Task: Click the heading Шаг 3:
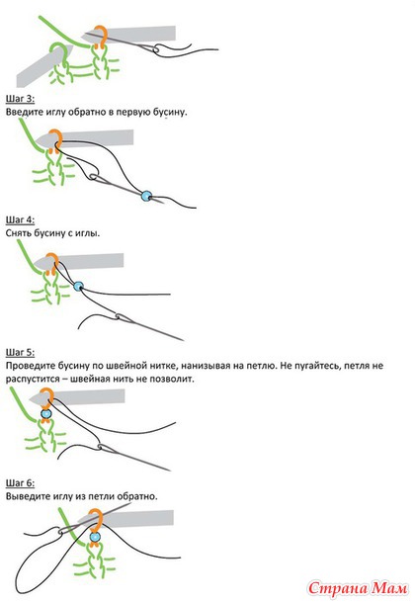tap(20, 99)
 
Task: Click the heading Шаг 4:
tap(20, 220)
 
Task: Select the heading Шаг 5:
tap(20, 352)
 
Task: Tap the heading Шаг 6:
tap(20, 483)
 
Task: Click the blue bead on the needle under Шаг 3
tap(146, 196)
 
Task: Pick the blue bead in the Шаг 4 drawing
tap(78, 286)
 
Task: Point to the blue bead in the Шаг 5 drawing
tap(46, 414)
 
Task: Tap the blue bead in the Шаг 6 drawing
tap(95, 537)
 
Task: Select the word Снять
tap(19, 233)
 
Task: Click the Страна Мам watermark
tap(358, 588)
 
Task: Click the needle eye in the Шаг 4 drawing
tap(120, 317)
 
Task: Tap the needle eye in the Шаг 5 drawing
tap(102, 447)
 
